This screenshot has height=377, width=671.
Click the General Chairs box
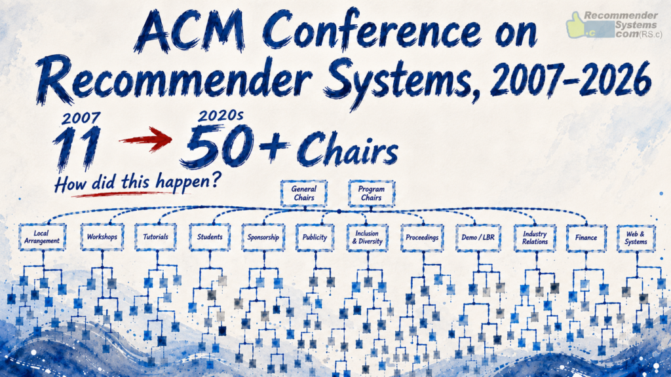tap(304, 193)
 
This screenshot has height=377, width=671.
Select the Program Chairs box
tap(372, 193)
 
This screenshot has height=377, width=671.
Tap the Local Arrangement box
tap(42, 237)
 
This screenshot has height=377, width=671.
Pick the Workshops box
tap(102, 237)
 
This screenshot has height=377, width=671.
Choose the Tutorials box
tap(155, 237)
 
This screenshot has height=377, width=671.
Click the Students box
tap(210, 237)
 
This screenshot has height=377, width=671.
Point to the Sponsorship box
tap(263, 237)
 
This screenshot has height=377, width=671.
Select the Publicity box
tap(315, 237)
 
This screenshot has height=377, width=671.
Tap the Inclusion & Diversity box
tap(367, 237)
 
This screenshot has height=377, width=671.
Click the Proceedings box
tap(423, 237)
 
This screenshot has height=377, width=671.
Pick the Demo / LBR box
tap(478, 237)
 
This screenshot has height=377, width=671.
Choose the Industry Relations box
tap(535, 238)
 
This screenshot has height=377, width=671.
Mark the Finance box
tap(586, 238)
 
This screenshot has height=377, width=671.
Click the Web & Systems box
tap(636, 238)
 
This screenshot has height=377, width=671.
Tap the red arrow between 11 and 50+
tap(145, 139)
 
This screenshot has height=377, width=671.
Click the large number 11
tap(77, 148)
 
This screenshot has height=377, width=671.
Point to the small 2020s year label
tap(220, 115)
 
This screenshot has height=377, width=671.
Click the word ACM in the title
tap(192, 31)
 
